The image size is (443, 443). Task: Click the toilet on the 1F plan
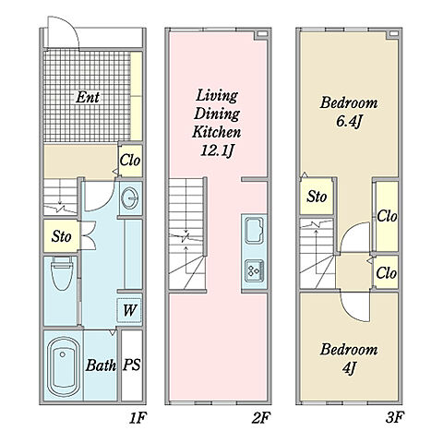point(62,273)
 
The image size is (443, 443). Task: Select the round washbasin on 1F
point(131,198)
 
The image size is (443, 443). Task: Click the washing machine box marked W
point(129,310)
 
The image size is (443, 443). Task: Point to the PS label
point(132,365)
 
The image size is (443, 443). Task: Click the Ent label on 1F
point(88,97)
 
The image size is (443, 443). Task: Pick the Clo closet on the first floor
point(130,161)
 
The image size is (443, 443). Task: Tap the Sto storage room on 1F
point(62,236)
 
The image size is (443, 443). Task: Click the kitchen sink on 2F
point(254,231)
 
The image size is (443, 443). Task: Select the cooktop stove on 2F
point(254,270)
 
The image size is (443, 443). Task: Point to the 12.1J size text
point(218,150)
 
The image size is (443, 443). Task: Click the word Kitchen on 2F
point(216,132)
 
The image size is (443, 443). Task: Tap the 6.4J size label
point(348,122)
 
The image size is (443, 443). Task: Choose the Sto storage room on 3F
point(317,197)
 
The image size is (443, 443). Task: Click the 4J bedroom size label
point(349,368)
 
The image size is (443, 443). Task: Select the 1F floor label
point(138,418)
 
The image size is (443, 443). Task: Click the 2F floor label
point(261,418)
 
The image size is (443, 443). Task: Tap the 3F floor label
point(394,417)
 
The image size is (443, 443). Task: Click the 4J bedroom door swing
point(348,312)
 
